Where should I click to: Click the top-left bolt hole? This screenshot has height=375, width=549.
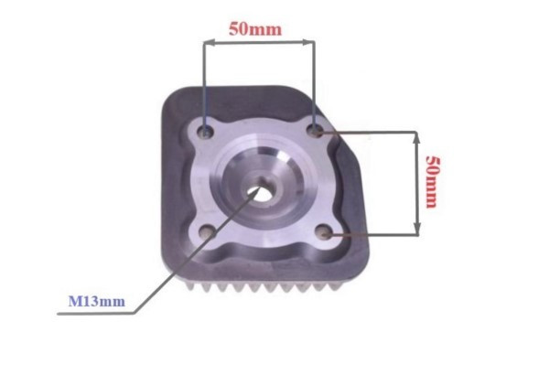coord(207,133)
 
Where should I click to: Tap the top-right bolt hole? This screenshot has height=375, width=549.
coord(315,131)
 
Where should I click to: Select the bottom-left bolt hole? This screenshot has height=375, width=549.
coord(209,232)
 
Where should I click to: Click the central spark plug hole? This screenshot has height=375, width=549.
coord(264,192)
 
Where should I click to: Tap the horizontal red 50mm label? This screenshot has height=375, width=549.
coord(255,28)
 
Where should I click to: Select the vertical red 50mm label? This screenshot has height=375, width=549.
coord(433,181)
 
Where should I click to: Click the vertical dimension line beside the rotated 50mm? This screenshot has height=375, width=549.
coord(417,183)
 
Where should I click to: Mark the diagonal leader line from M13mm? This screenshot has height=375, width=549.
coord(192,256)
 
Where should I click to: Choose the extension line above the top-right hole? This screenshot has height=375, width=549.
coord(314,82)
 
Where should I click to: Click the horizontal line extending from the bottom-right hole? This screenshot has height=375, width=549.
coord(375,234)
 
